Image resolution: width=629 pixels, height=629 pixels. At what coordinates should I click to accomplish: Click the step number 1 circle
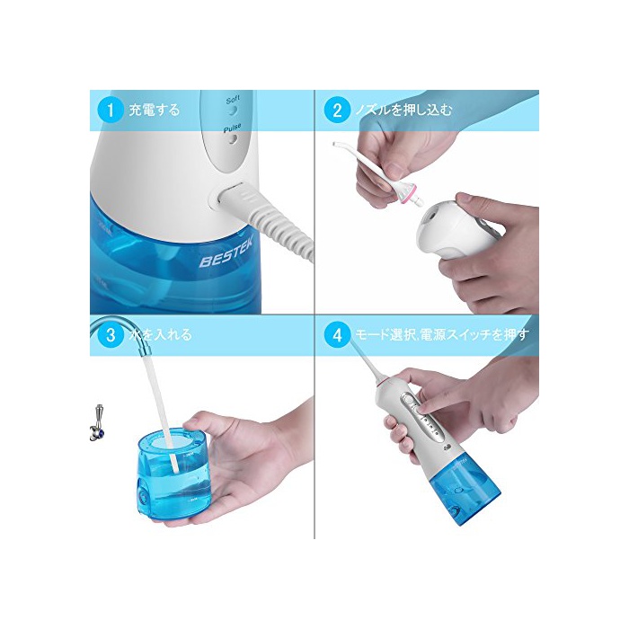(111, 110)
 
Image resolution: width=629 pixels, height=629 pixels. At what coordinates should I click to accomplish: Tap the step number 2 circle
(337, 110)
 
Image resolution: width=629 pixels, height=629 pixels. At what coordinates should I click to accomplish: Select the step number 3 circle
(111, 334)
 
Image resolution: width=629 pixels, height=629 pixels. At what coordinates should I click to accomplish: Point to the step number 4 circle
(337, 334)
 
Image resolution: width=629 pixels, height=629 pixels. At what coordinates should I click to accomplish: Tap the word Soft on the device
(233, 100)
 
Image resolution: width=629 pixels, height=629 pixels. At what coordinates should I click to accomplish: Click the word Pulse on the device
(232, 128)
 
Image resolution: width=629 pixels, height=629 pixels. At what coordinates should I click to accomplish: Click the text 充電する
(155, 110)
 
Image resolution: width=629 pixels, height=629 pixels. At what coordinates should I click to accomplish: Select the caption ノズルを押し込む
(404, 110)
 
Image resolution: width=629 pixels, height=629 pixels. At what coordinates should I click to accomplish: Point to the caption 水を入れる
(161, 334)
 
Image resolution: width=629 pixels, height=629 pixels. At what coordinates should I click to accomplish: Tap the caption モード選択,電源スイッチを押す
(442, 334)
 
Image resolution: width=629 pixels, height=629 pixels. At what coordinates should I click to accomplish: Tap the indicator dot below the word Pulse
(233, 139)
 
